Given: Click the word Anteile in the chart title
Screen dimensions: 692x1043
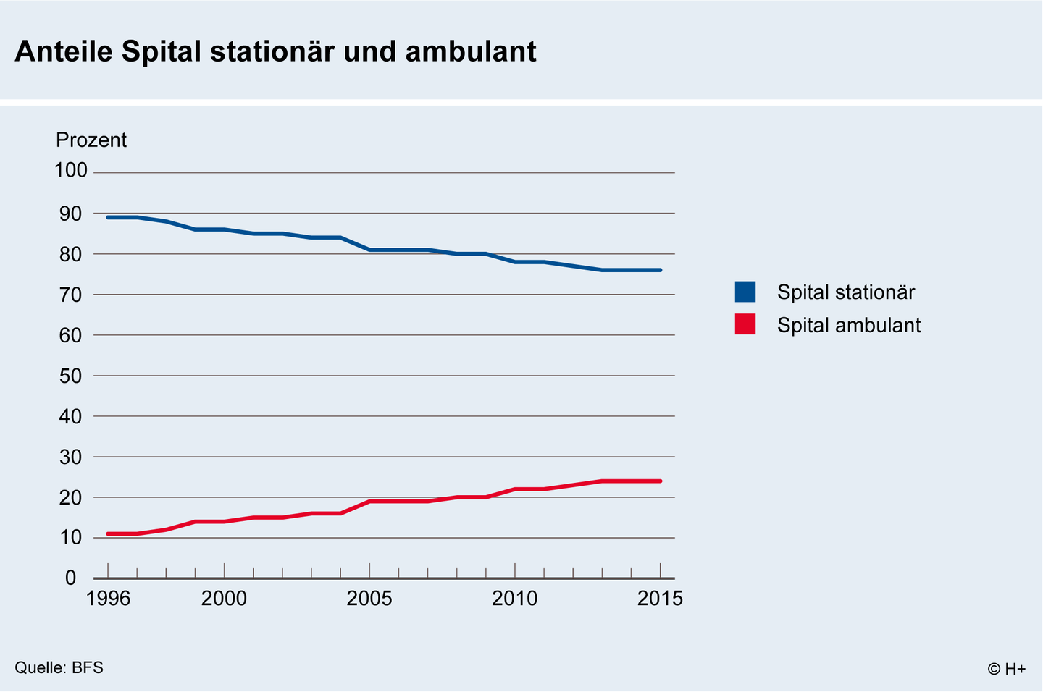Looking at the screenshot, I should tap(64, 52).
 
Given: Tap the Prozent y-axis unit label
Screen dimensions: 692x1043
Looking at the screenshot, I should tap(91, 140).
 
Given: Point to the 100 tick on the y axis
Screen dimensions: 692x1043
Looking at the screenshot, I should tap(71, 171).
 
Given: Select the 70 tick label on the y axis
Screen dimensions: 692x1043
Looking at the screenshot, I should tap(71, 295).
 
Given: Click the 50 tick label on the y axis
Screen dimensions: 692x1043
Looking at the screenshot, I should tap(71, 376).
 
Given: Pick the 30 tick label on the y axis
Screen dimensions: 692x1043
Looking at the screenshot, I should tap(71, 457).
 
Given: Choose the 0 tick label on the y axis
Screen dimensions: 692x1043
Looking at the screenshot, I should tap(71, 578).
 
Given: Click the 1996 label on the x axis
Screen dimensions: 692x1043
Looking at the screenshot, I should tap(108, 599).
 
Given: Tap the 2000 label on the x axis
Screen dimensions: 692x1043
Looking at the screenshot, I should tap(224, 599).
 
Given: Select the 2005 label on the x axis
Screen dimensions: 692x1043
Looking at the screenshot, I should tap(369, 599).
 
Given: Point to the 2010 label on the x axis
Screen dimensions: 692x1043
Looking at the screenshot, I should tap(515, 599).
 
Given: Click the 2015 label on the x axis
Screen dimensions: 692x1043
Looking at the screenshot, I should tap(660, 599).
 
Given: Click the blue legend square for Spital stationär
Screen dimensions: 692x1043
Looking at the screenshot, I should tap(745, 292).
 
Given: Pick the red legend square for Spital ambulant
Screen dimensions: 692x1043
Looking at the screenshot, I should tap(745, 324).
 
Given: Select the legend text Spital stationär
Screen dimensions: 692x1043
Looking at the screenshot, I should tap(846, 292).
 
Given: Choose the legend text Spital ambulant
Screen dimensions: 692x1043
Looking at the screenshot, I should tap(849, 325).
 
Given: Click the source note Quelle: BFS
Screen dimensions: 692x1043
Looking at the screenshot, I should tap(59, 667).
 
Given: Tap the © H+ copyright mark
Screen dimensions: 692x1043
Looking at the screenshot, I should tap(1006, 669).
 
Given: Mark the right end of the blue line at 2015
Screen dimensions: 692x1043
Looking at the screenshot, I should tap(660, 270).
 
